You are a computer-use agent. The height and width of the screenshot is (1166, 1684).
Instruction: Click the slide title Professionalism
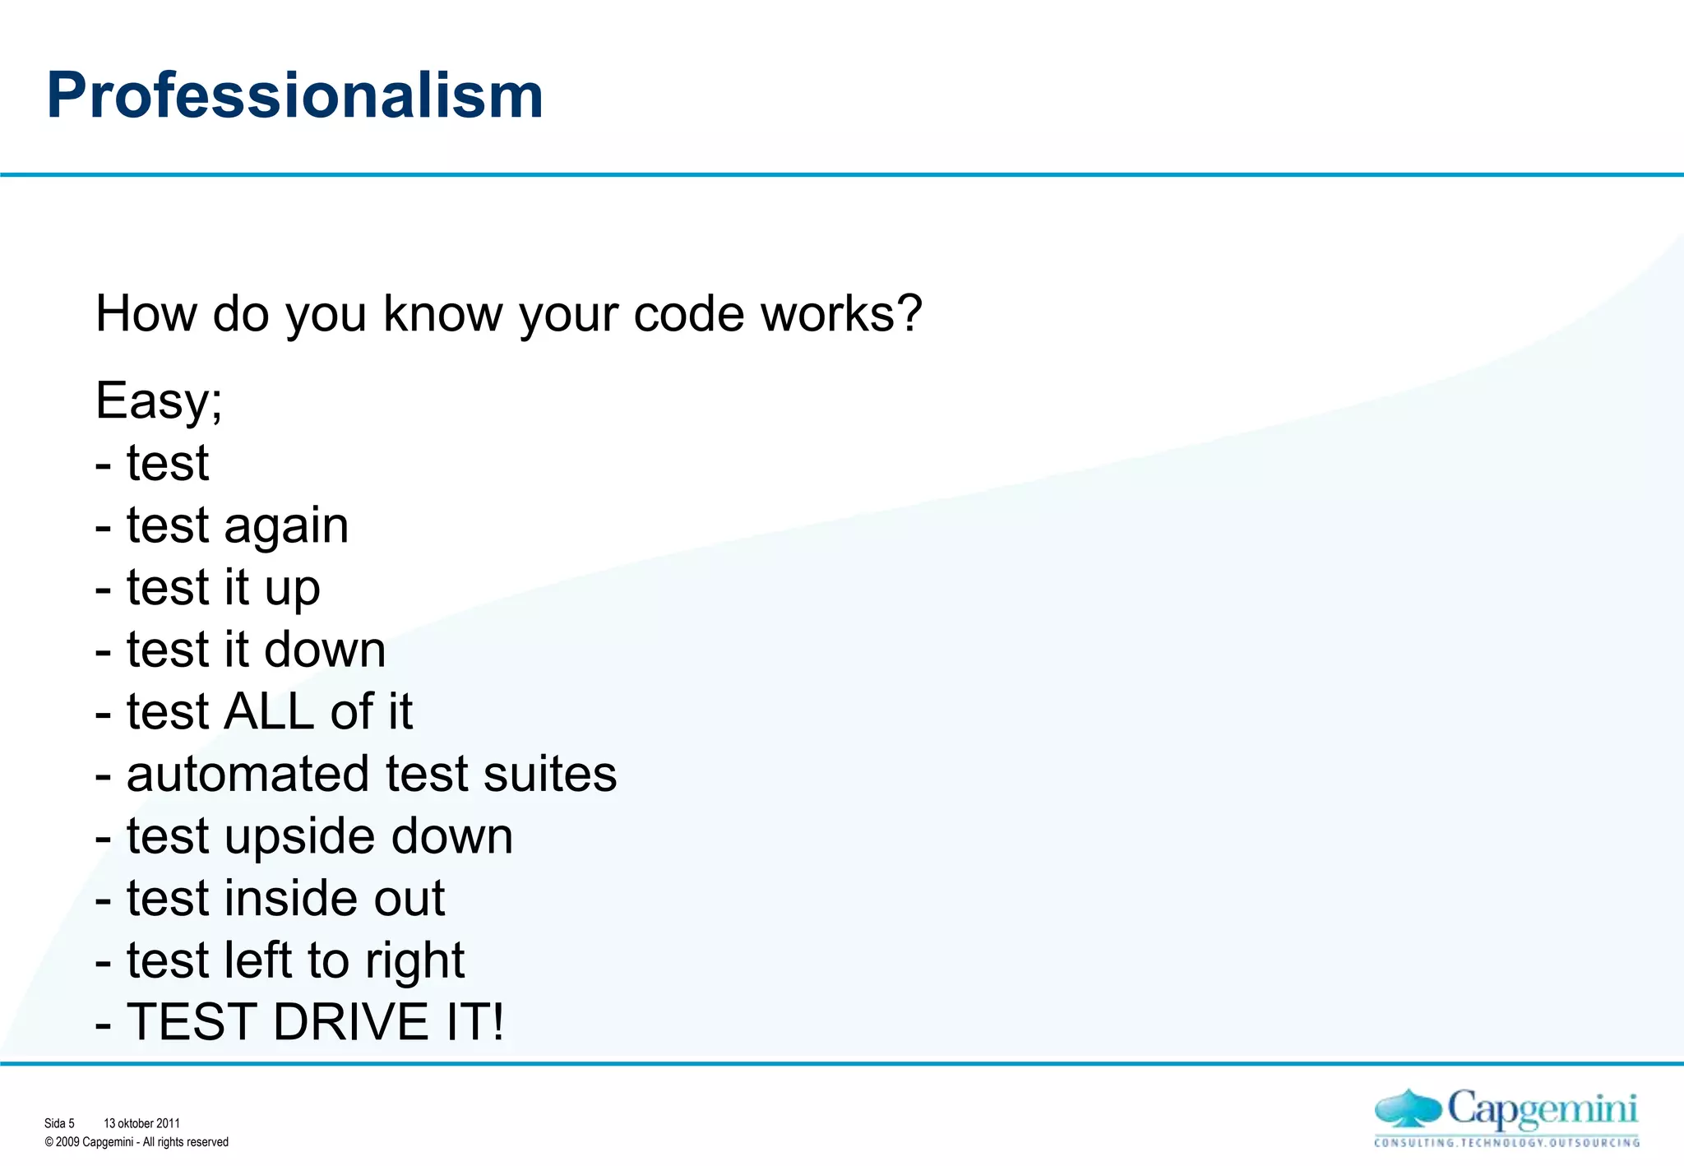click(x=294, y=95)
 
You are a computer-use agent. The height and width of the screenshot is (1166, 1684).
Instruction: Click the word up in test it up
click(x=292, y=589)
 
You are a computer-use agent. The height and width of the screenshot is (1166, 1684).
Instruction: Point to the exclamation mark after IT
click(x=497, y=1022)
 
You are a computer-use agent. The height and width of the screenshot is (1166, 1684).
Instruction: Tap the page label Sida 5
click(x=59, y=1123)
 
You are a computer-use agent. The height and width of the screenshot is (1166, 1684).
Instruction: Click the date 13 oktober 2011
click(x=141, y=1123)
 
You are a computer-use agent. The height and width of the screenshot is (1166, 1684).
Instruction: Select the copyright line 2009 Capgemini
click(x=136, y=1142)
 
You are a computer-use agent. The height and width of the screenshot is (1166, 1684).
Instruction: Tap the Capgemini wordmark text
click(x=1542, y=1110)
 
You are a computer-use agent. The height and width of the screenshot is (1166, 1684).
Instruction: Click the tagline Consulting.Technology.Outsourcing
click(x=1506, y=1143)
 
